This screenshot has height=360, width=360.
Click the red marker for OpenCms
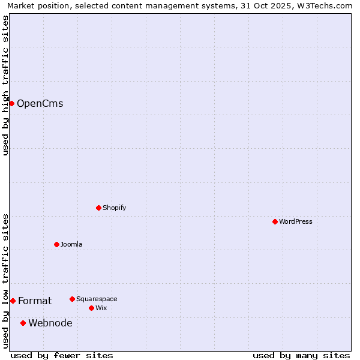(x=11, y=104)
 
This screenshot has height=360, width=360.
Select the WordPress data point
(x=275, y=222)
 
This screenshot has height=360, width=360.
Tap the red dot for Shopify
(x=98, y=208)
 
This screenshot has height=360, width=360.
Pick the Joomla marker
(x=56, y=244)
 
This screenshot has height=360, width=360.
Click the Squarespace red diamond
(x=72, y=299)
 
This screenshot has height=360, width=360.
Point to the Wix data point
(x=91, y=308)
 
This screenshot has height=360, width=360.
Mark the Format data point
(x=13, y=301)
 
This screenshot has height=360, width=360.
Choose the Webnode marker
(x=23, y=323)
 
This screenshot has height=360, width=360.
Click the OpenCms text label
(x=40, y=104)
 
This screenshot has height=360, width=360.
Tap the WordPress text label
(x=295, y=222)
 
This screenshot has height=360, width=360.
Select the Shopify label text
(x=114, y=208)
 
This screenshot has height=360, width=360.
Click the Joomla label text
(x=71, y=244)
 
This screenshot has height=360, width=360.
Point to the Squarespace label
(x=97, y=299)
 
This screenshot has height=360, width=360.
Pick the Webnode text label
(x=50, y=323)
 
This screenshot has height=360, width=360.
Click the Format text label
(x=35, y=301)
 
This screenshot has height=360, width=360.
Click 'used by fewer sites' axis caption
(x=62, y=355)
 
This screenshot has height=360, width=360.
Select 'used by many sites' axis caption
(x=301, y=355)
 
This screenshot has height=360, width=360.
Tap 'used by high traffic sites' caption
(x=5, y=85)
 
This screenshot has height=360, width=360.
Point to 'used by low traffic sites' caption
(x=5, y=281)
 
